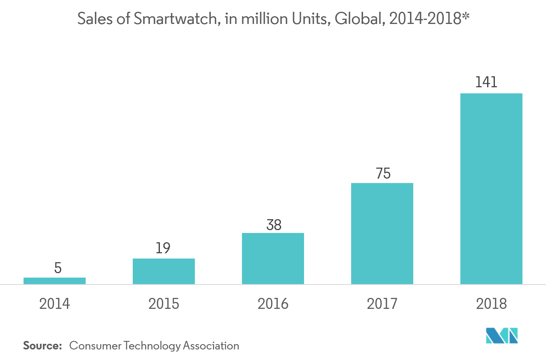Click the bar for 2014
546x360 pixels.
(54, 281)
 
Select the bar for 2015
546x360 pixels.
(164, 271)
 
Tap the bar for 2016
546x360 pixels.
(273, 259)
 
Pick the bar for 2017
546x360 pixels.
(382, 233)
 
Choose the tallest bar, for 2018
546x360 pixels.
(491, 189)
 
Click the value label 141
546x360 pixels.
(486, 83)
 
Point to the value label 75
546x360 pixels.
(383, 174)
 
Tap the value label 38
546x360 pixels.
(274, 224)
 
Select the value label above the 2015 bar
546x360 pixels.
(163, 248)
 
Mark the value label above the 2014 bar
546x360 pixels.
(58, 268)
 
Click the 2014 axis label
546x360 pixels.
(54, 304)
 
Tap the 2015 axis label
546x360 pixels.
(164, 304)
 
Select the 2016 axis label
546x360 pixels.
(273, 304)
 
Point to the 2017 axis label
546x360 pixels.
(382, 304)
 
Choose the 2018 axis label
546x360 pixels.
(491, 304)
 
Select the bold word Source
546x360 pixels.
(42, 346)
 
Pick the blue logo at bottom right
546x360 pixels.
(502, 336)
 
